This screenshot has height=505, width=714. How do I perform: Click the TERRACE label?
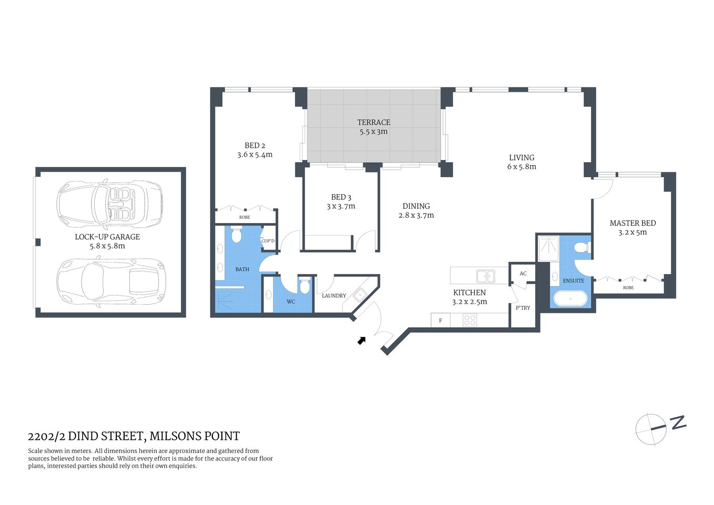click(374, 122)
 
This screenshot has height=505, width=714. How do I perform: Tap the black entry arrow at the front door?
click(362, 340)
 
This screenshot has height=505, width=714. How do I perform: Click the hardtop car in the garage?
click(110, 283)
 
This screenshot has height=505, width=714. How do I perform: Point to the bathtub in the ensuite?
click(570, 299)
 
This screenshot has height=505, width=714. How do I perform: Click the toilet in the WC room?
click(304, 286)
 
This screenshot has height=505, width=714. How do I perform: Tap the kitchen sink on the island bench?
click(485, 276)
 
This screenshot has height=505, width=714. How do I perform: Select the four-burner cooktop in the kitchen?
click(470, 320)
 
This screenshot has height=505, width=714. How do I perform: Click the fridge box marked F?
click(441, 320)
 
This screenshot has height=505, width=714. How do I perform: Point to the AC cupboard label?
click(523, 274)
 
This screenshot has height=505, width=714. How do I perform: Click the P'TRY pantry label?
click(523, 308)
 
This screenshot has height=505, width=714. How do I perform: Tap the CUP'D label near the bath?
click(268, 241)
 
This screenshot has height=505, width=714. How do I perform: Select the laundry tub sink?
click(360, 295)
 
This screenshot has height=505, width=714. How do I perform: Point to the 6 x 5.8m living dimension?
click(522, 167)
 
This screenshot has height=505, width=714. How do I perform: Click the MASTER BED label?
click(633, 223)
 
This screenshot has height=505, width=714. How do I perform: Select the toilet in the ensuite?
click(581, 248)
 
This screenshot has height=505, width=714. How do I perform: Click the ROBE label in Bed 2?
click(244, 217)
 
